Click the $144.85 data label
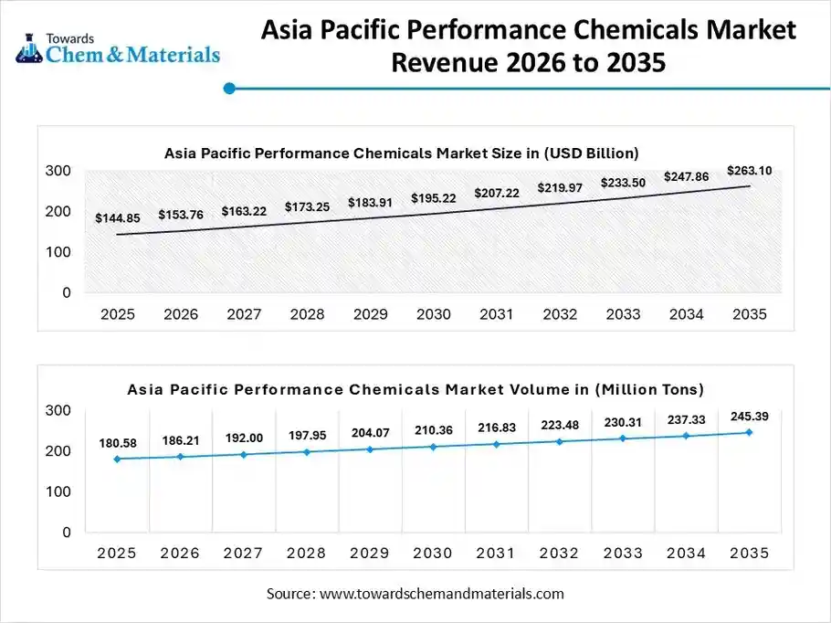pos(117,218)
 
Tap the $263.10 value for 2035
pos(749,170)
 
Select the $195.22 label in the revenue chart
pos(434,198)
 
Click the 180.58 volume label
pos(117,443)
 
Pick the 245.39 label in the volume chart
pos(749,417)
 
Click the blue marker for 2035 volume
pos(749,432)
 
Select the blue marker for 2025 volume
pos(117,459)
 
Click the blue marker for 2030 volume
pos(434,447)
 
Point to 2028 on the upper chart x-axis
pos(307,314)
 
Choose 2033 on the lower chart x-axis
pos(623,554)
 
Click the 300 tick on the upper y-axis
pos(58,171)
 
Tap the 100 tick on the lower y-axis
pos(58,491)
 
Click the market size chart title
pos(401,153)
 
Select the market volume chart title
pos(415,390)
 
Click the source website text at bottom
pos(415,594)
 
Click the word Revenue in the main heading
pos(447,64)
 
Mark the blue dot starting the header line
pos(229,89)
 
